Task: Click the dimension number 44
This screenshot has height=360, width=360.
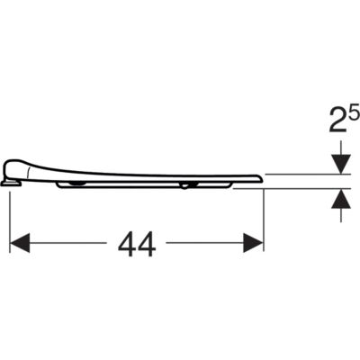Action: [137, 244]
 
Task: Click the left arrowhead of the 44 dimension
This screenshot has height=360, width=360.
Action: [20, 243]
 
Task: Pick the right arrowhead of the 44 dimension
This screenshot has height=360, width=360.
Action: [253, 243]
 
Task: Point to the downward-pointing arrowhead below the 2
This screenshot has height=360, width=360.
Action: [341, 165]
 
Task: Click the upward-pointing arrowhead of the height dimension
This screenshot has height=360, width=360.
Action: [341, 199]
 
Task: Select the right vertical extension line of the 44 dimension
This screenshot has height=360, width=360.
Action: [263, 220]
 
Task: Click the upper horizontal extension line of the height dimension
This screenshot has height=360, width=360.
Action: [308, 174]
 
